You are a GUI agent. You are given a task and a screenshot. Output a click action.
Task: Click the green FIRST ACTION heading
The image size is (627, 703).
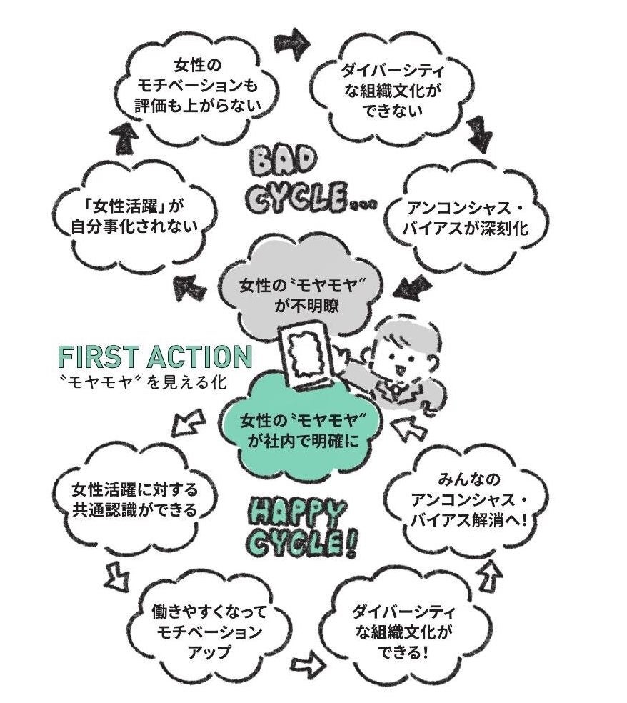click(155, 357)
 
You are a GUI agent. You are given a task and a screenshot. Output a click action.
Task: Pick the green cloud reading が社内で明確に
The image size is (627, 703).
click(299, 429)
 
